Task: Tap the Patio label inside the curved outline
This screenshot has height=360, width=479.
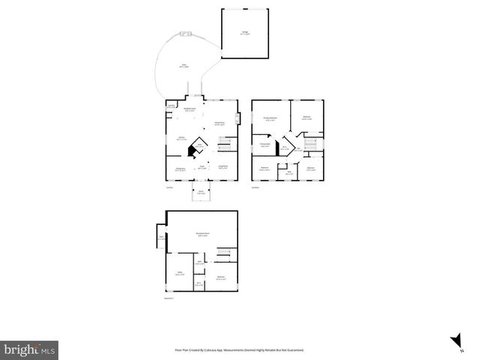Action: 184,65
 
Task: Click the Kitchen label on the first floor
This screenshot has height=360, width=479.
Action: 181,139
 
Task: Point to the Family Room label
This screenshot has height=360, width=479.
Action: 220,123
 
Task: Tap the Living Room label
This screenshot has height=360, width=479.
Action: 223,166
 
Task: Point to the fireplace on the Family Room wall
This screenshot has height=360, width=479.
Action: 238,118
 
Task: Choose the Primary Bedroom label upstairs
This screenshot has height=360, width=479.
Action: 270,118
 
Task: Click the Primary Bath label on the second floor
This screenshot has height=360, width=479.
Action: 265,145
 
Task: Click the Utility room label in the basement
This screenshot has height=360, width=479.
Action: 180,274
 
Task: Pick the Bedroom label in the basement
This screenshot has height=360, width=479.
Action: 221,277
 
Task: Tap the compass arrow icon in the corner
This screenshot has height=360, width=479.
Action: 454,341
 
